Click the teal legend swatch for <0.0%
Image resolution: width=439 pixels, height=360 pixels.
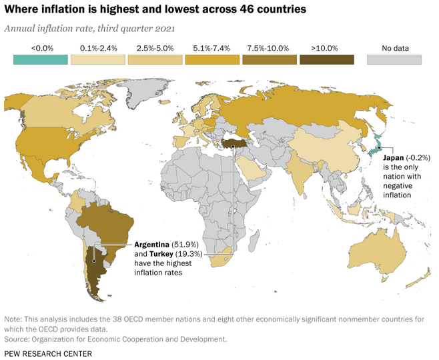point(41,59)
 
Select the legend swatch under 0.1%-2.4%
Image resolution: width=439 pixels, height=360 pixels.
point(99,59)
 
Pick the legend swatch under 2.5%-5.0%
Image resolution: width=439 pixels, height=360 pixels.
point(155,59)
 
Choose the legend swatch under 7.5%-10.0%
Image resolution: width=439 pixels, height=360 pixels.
point(270,59)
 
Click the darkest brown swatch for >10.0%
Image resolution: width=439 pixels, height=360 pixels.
point(326,59)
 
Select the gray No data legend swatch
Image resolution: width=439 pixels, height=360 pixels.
point(394,59)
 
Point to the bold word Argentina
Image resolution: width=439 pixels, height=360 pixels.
point(152,245)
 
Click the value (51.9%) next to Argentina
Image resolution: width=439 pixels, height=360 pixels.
point(190,245)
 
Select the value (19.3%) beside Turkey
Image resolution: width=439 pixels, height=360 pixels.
point(197,254)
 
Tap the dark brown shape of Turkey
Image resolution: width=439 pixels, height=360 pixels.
point(236,142)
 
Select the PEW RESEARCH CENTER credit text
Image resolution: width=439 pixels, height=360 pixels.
point(48,353)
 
